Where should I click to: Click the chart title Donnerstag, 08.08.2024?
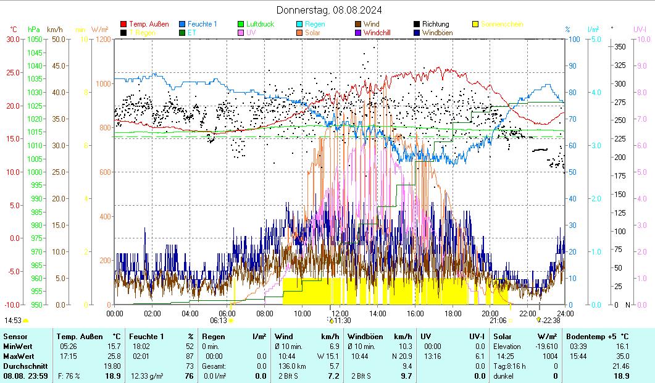coord(328,10)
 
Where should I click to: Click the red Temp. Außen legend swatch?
coord(124,24)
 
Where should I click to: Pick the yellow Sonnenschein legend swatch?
coord(475,24)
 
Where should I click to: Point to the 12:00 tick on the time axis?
coord(340,313)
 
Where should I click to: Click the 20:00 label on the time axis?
coord(490,313)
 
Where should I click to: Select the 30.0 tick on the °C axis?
coord(13,39)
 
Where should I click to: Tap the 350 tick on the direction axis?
coord(620,46)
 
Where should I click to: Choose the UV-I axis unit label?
coord(640,29)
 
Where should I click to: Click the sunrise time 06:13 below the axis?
coord(219,321)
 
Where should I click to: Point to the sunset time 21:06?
coord(498,321)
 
